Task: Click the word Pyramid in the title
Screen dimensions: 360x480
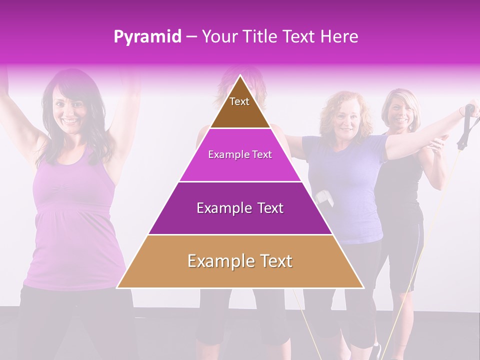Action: point(147,37)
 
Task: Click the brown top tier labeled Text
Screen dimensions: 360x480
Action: point(239,107)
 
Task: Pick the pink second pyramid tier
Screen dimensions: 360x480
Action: point(240,155)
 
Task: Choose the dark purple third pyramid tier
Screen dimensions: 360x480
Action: point(240,208)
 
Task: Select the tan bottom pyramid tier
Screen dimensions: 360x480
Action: point(240,261)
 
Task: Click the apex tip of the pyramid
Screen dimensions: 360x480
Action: point(240,76)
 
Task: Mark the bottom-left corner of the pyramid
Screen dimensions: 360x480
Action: point(117,287)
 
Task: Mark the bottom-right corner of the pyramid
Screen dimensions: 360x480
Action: point(363,287)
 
